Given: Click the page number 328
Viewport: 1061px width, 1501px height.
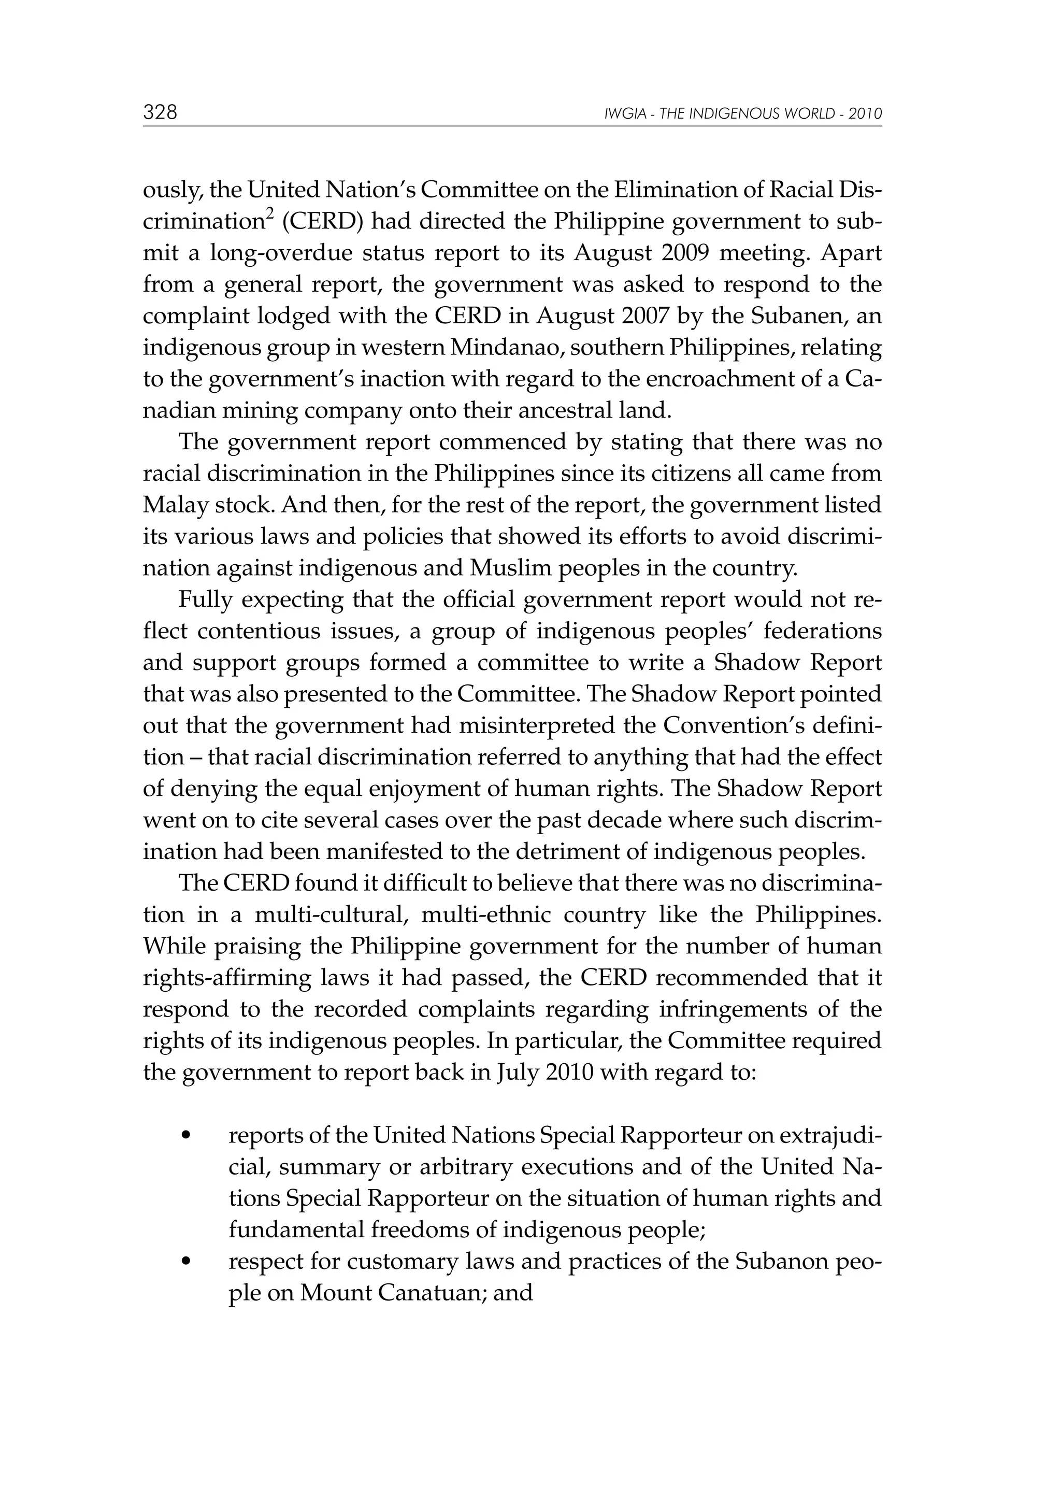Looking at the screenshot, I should pyautogui.click(x=160, y=112).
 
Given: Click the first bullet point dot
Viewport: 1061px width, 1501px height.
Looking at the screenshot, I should pyautogui.click(x=187, y=1136).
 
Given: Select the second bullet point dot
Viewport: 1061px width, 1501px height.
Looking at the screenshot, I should pyautogui.click(x=187, y=1262).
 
